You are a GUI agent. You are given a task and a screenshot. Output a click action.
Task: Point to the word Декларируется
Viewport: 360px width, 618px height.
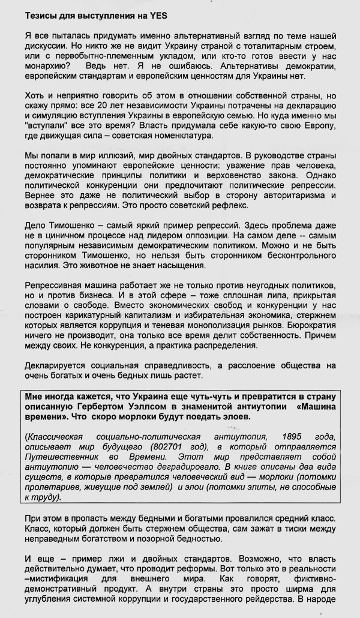point(55,365)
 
